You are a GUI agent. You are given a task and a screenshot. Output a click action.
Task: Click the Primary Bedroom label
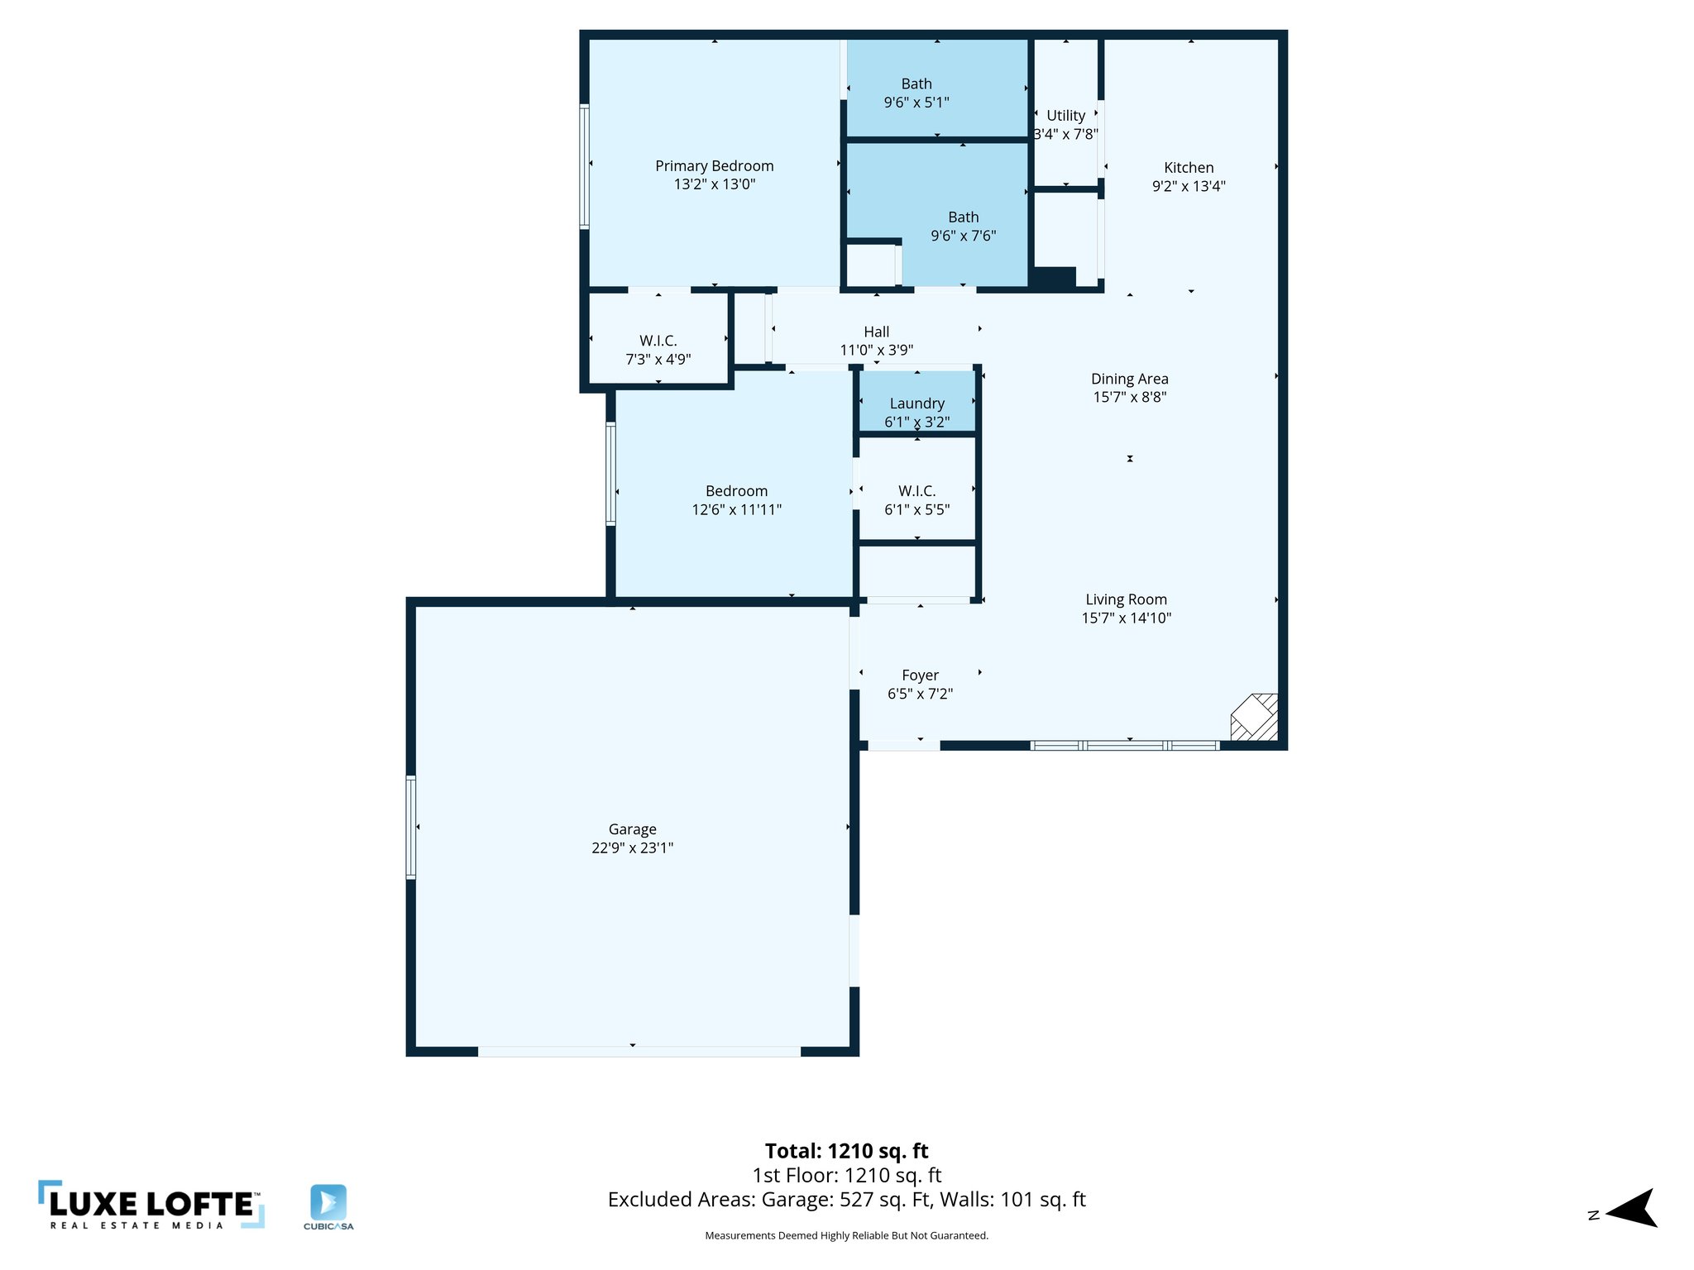[714, 166]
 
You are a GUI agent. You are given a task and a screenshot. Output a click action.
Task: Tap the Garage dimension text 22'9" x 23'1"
[632, 847]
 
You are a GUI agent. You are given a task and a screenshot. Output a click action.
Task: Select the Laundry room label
[916, 403]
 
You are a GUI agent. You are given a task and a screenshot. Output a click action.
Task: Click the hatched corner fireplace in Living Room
[1256, 717]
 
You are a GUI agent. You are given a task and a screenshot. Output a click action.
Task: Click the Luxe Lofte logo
[151, 1205]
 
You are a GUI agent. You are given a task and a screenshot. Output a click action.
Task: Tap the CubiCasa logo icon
[328, 1203]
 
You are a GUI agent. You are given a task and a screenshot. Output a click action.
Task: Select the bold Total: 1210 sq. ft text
[846, 1151]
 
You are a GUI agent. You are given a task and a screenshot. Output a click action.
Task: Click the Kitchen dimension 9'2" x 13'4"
[1189, 186]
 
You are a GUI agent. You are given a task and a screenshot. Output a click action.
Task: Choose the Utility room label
[1065, 116]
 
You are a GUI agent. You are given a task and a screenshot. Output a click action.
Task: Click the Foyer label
[920, 676]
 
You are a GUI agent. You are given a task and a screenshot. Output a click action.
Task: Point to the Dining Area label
[1129, 379]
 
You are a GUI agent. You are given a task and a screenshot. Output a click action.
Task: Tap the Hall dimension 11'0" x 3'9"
[876, 350]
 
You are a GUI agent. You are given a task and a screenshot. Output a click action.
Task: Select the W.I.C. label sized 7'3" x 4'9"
[658, 341]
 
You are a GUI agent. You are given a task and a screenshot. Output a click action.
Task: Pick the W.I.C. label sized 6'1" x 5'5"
[916, 491]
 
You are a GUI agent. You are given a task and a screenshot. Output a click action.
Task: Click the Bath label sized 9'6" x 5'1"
[916, 84]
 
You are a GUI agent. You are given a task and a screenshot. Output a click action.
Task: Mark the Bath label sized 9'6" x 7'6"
[963, 217]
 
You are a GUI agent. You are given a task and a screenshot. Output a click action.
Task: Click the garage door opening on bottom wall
[639, 1052]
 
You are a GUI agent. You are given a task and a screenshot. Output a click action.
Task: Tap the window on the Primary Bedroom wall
[584, 165]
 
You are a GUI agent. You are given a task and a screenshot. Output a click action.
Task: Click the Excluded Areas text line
[846, 1200]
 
